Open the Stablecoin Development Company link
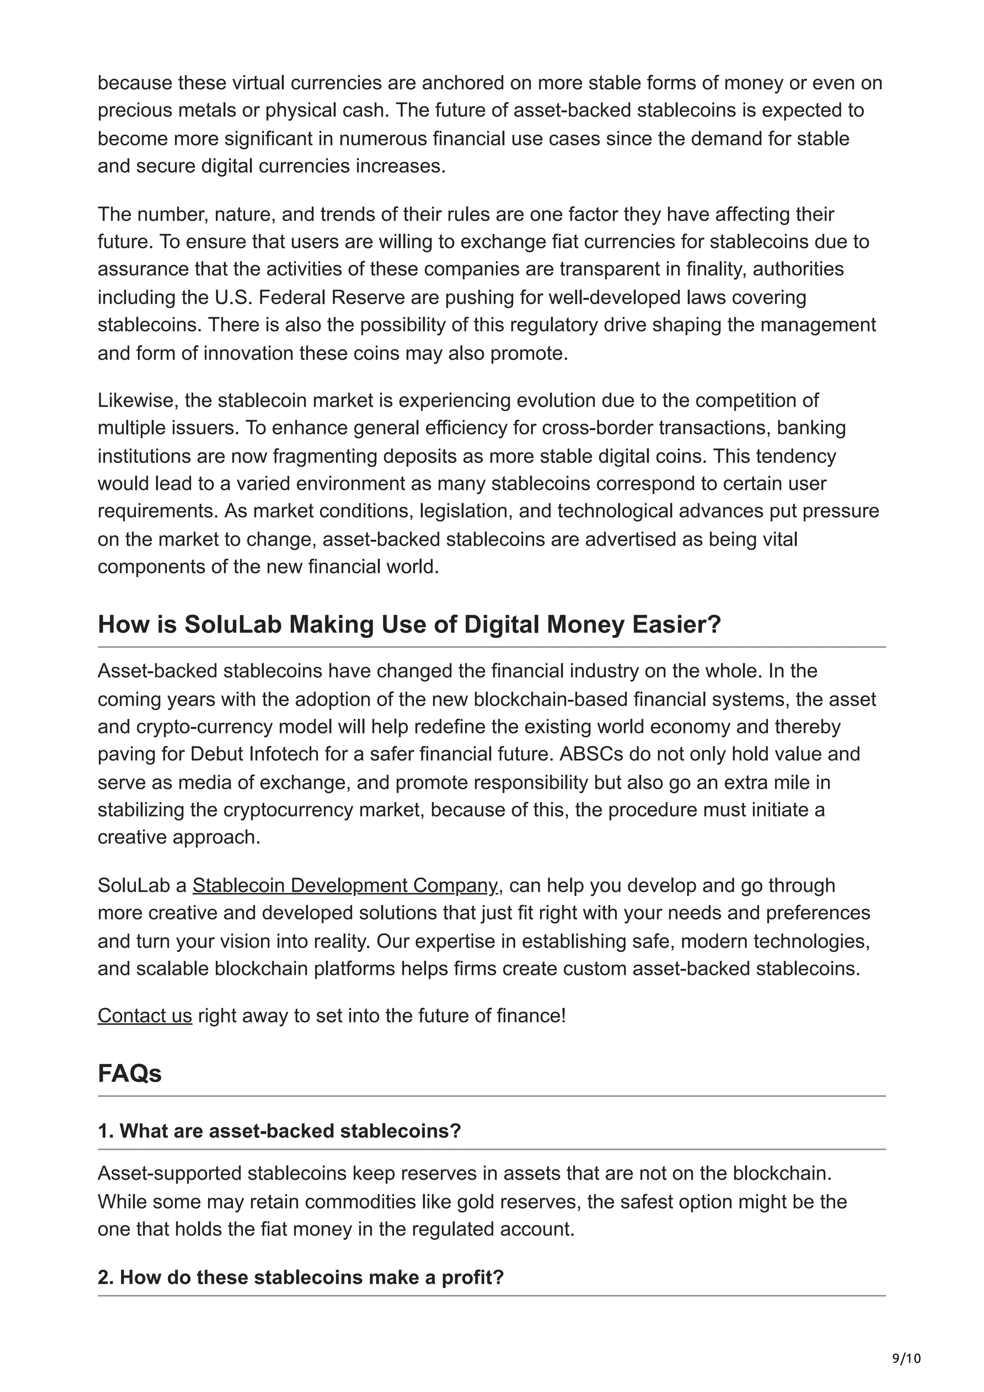click(345, 886)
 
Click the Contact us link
click(145, 1015)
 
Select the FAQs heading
click(130, 1074)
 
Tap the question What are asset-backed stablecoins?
click(280, 1131)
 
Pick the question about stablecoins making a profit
click(301, 1277)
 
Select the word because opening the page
click(135, 83)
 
